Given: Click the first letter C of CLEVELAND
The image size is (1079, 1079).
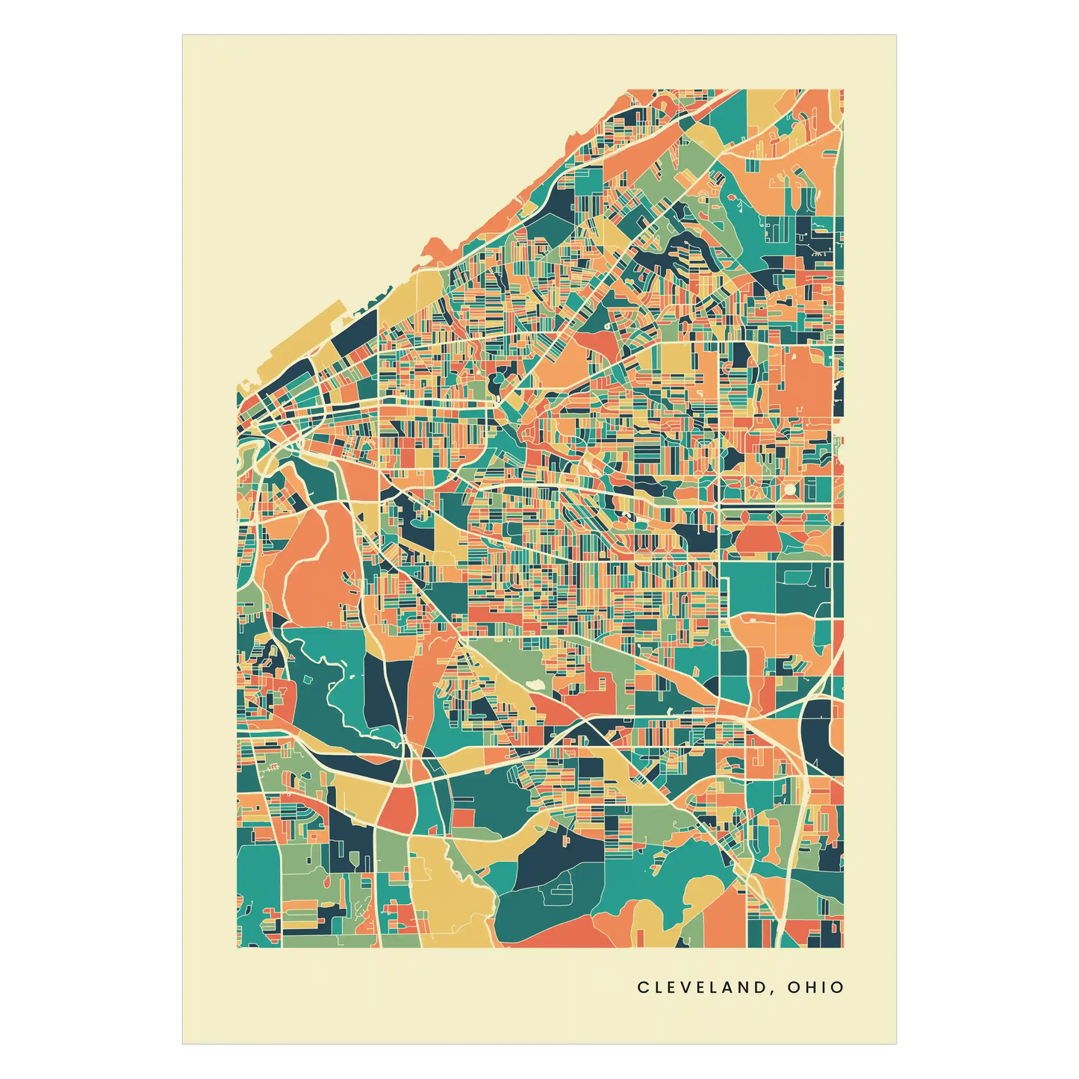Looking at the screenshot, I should (x=642, y=987).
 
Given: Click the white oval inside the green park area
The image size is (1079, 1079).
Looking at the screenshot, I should (x=535, y=683).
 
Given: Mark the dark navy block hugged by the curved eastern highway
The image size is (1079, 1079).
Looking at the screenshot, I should (x=819, y=736).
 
